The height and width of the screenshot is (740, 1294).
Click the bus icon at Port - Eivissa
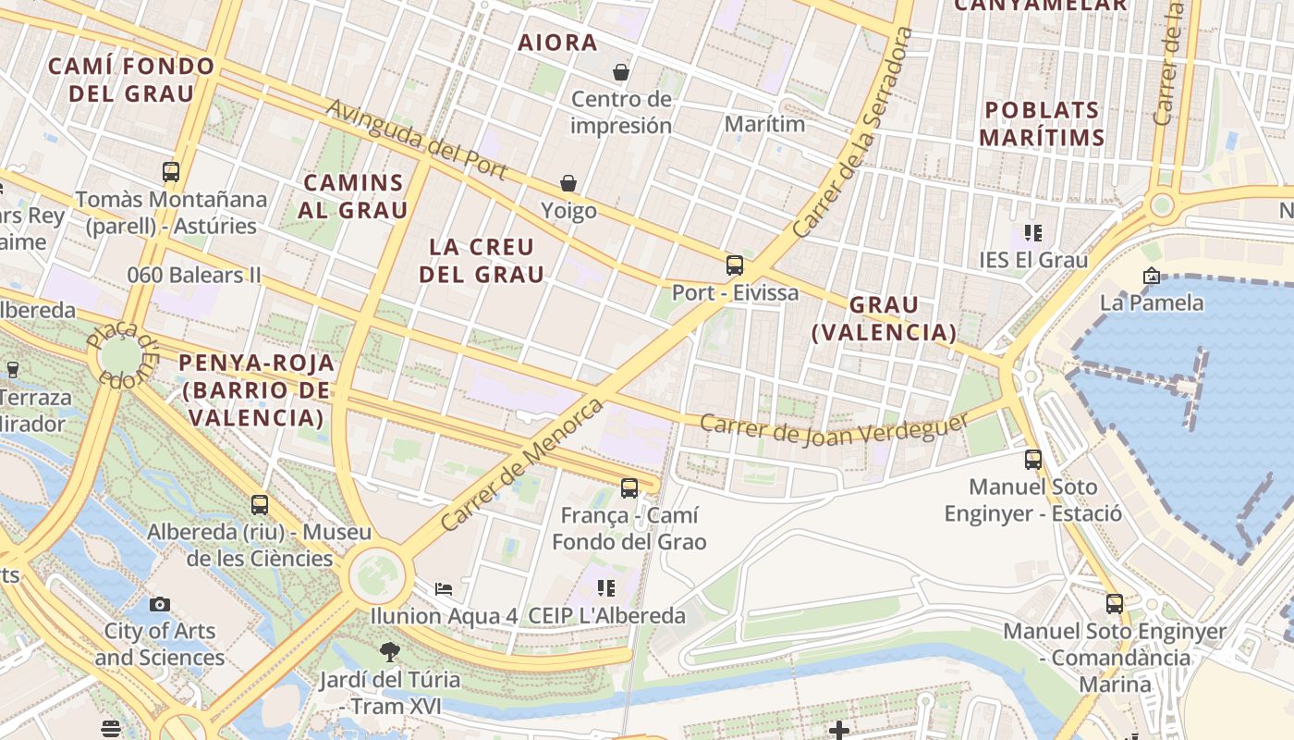coord(735,265)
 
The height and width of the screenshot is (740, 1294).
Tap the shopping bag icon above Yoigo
coord(568,184)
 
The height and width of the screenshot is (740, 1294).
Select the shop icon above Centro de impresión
coord(621,71)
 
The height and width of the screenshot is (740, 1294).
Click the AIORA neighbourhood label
coord(557,43)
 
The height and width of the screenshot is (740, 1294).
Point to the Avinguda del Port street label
coord(416,139)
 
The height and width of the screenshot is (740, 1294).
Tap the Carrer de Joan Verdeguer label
coord(834,428)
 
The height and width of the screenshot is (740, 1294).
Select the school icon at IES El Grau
coord(1032,233)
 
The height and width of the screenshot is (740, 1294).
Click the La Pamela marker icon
coord(1151,276)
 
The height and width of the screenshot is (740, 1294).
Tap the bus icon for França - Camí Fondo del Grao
coord(629,487)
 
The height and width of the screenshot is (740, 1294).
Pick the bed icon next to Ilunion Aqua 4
coord(444,588)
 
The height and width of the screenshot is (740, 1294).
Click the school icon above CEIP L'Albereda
coord(606,587)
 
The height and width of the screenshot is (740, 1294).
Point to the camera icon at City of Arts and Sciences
coord(160,604)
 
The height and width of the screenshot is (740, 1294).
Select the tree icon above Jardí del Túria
coord(389,652)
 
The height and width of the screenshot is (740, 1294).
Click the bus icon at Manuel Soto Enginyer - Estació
coord(1033,459)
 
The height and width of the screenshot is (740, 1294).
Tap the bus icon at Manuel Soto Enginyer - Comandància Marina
coord(1115,604)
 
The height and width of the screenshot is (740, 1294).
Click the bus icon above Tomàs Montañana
coord(171,172)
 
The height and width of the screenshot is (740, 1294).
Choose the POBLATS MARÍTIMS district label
coord(1042,123)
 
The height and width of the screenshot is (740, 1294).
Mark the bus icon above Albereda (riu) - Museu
coord(260,505)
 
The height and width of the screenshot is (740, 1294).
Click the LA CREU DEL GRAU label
coord(482,261)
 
